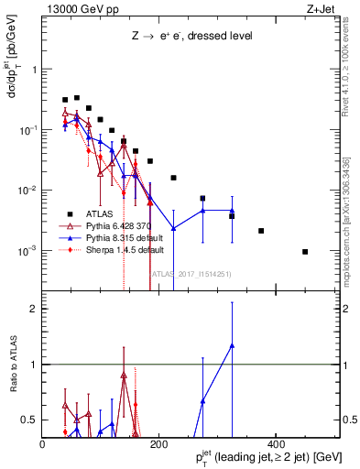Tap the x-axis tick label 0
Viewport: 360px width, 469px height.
(x=43, y=444)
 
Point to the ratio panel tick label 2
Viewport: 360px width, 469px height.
(x=34, y=309)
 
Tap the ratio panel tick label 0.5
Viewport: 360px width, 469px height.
(x=30, y=420)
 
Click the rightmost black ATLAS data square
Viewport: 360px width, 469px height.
(x=305, y=251)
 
